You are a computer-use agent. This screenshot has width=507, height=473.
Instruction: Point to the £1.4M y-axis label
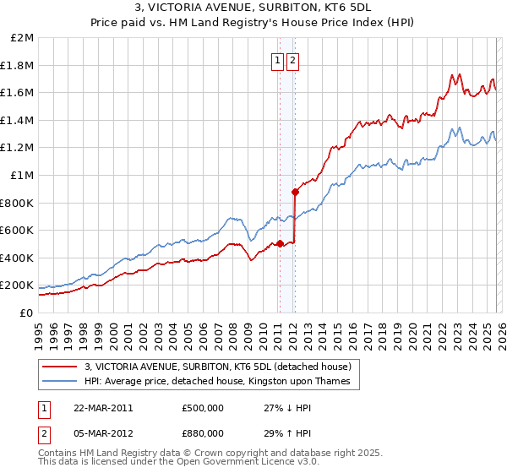point(18,120)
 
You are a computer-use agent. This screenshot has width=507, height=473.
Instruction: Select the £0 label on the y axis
point(26,313)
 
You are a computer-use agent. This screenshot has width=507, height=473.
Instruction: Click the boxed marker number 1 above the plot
point(278,60)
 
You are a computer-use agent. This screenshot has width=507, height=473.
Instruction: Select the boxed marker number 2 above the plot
point(293,60)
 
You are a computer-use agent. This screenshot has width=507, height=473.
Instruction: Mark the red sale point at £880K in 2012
point(294,192)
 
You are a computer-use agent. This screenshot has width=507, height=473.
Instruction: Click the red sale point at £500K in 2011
point(280,243)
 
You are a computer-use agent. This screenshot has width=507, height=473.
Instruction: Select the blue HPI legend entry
point(222,382)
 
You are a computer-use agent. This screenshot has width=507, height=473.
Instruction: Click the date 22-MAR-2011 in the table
point(104,407)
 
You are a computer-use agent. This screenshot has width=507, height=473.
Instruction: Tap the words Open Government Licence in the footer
point(244,464)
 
